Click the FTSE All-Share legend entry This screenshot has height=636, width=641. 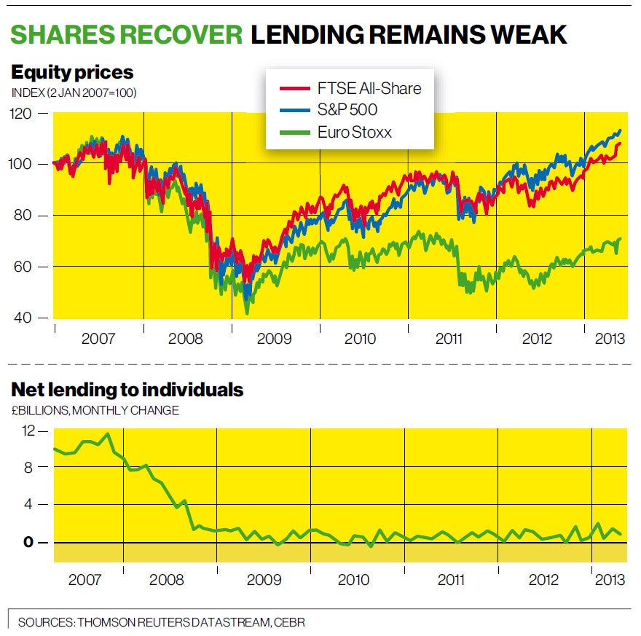(350, 89)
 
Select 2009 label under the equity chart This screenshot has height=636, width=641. (274, 339)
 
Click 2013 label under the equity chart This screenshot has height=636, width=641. (607, 339)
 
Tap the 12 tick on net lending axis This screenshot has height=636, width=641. (28, 430)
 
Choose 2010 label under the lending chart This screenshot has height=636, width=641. (353, 581)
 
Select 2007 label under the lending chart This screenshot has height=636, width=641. (86, 581)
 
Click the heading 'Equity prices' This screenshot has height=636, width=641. (72, 72)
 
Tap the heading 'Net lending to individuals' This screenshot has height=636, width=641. (127, 390)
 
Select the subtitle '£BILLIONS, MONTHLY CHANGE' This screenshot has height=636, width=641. (95, 411)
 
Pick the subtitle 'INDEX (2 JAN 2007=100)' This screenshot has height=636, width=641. (74, 93)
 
